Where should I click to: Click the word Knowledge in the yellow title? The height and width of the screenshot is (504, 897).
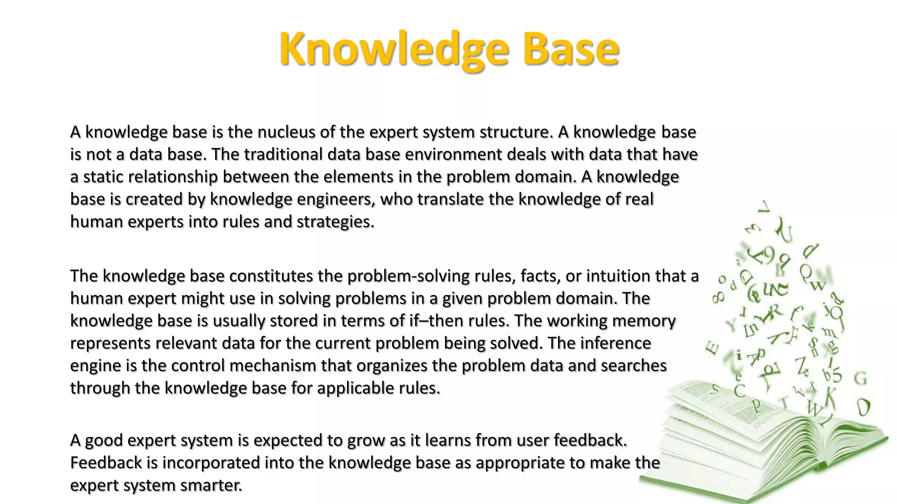[x=393, y=49]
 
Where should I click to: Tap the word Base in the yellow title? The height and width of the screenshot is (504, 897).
[x=570, y=49]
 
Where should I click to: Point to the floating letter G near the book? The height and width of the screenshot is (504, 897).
[x=860, y=378]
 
